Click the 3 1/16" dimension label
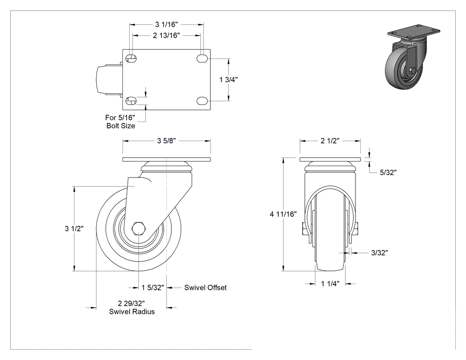point(166,24)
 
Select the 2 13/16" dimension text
point(166,36)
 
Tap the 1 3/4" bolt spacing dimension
point(228,79)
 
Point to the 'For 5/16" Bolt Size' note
point(120,122)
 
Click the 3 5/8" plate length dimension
point(166,141)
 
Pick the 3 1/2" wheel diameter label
point(74,229)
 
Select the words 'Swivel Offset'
point(205,288)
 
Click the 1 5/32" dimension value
point(153,288)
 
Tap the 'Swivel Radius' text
point(132,312)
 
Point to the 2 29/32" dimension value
point(131,304)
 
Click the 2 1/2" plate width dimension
point(330,141)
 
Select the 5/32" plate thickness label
point(388,172)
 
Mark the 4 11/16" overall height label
point(283,214)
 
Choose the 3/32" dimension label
point(379,253)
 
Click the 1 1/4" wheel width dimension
point(330,284)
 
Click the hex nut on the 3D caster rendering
point(412,71)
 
